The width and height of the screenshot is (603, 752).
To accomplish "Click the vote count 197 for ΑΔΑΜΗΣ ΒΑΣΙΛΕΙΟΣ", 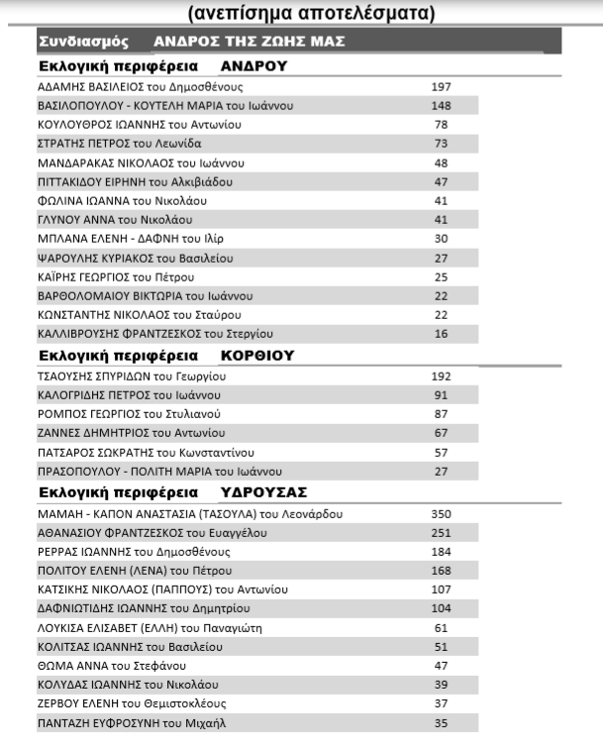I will (441, 87).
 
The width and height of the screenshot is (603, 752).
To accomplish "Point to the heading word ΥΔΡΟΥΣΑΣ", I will (264, 492).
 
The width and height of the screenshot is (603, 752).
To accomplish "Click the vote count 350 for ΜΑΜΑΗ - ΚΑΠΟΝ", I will (441, 514).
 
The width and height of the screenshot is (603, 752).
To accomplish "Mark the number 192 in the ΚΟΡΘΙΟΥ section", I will (441, 376).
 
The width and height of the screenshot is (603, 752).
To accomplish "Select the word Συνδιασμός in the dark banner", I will (84, 42).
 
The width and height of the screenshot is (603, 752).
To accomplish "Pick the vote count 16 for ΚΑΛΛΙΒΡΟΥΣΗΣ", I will (441, 333).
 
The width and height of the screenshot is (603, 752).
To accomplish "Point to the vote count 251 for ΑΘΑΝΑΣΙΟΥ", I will (441, 533).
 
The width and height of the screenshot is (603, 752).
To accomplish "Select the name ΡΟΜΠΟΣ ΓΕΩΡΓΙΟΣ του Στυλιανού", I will (129, 413).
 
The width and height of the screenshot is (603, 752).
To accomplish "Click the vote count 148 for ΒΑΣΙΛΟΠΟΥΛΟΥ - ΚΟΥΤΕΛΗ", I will (441, 106).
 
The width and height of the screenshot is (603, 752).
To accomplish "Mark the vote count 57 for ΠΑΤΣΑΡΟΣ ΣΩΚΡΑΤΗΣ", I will (441, 452).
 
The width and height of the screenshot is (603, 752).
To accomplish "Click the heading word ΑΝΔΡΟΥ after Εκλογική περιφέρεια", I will (253, 66).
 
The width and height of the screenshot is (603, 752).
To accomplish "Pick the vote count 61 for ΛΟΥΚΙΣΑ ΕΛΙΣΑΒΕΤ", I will (441, 627).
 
